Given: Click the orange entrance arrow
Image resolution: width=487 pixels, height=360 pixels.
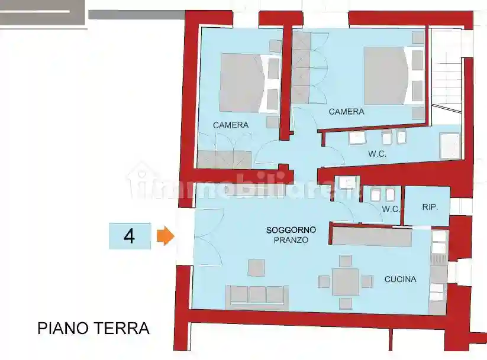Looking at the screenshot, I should (166, 237).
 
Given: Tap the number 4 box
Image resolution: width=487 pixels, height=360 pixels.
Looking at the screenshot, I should (130, 236).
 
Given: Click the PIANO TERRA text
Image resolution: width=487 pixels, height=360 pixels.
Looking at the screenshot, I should (93, 328).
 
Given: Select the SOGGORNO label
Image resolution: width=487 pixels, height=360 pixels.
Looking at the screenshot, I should (291, 229).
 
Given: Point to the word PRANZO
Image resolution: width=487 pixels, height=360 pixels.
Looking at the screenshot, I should (291, 240).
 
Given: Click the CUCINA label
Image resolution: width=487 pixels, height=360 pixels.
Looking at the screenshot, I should (400, 279).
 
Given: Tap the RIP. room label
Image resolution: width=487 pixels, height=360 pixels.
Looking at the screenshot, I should (430, 207).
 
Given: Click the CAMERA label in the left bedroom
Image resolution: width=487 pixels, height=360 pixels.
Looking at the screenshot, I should (231, 125).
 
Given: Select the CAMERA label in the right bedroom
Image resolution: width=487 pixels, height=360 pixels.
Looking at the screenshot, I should (346, 112).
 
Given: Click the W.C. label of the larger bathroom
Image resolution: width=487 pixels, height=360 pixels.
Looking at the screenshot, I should (377, 154).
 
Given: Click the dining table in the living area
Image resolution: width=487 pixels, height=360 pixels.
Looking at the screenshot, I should (346, 282).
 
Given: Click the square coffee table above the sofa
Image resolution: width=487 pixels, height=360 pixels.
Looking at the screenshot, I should (257, 268).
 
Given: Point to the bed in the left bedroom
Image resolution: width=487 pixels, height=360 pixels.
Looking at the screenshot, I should (241, 83).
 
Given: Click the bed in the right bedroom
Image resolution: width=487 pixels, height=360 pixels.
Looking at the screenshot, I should (385, 76).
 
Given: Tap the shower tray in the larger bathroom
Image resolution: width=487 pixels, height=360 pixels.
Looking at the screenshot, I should (450, 146).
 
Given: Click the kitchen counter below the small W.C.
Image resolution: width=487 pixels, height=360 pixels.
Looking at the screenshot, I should (371, 237).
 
